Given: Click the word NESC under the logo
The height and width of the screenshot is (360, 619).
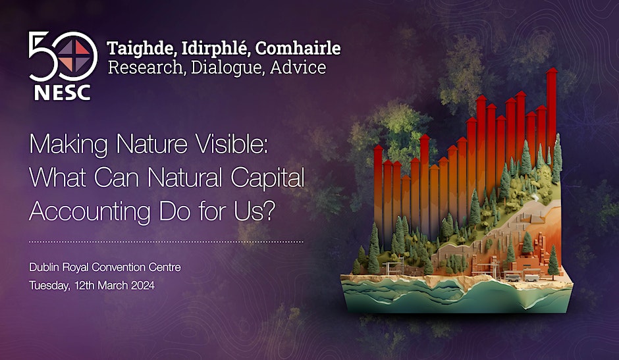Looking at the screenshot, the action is point(63,92).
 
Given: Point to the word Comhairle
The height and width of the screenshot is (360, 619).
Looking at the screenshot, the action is point(298,48).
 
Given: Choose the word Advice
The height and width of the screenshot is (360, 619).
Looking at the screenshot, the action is point(298,67).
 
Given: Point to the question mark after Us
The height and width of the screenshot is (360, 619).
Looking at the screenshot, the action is point(268,211).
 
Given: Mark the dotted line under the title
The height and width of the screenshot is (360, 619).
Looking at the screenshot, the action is point(166,242).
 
